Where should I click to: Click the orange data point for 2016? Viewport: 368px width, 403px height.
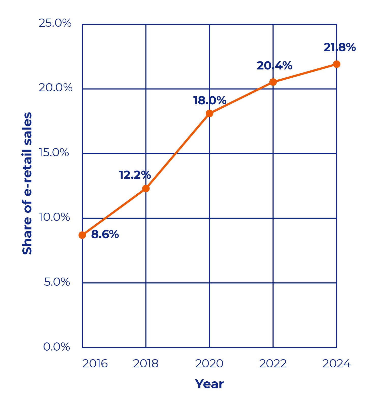click(82, 235)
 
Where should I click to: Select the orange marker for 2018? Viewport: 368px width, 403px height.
click(146, 189)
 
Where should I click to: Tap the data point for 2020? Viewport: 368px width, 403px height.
click(209, 113)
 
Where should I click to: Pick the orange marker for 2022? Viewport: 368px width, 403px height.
click(273, 82)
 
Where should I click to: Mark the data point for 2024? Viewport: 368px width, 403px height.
click(336, 64)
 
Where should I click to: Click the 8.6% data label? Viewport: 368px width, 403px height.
click(105, 234)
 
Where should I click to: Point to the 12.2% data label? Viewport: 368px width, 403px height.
click(135, 175)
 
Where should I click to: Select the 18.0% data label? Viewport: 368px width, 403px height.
click(210, 100)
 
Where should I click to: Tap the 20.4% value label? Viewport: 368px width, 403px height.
click(274, 66)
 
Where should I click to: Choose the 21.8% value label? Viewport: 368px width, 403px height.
click(340, 47)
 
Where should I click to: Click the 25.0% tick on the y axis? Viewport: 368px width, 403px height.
click(55, 23)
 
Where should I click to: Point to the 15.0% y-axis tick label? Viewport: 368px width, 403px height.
click(53, 153)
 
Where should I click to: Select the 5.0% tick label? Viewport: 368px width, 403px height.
click(57, 282)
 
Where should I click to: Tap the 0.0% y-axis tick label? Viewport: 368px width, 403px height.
click(56, 347)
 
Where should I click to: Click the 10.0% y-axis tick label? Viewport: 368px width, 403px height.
click(54, 217)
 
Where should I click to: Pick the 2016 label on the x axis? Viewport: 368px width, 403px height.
click(95, 364)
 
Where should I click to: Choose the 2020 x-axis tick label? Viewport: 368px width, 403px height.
click(209, 364)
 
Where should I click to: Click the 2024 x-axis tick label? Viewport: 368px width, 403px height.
click(336, 364)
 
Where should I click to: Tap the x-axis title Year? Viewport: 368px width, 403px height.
click(209, 384)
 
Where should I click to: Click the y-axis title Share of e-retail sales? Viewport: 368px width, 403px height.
click(27, 183)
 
